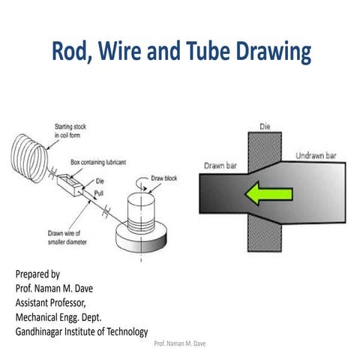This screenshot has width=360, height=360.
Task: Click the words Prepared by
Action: [37, 274]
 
